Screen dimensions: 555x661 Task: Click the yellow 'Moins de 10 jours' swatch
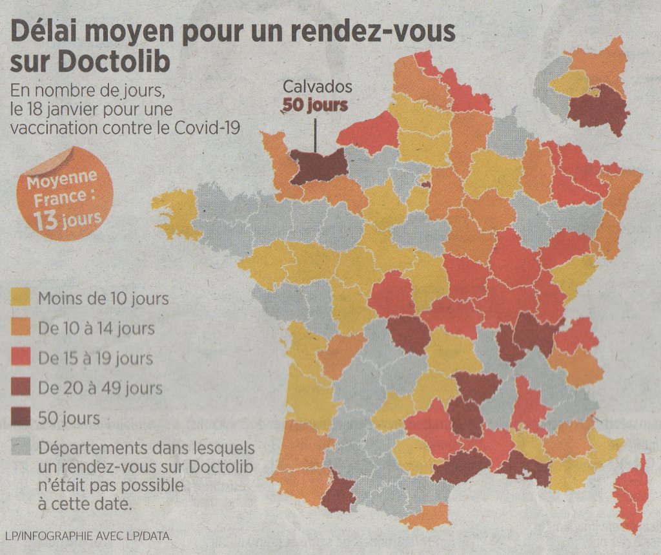(x=21, y=298)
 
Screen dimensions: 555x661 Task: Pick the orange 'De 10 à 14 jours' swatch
(x=21, y=328)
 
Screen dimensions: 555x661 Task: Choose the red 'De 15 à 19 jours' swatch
(x=21, y=359)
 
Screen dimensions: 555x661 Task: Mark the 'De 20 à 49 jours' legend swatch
(x=21, y=388)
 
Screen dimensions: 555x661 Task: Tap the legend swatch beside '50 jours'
(x=21, y=418)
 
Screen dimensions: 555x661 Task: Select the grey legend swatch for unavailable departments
(x=21, y=448)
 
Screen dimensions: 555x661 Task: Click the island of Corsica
(x=631, y=494)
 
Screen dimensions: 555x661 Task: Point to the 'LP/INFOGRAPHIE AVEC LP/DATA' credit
(x=88, y=536)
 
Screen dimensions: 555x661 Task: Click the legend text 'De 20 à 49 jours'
(x=100, y=388)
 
